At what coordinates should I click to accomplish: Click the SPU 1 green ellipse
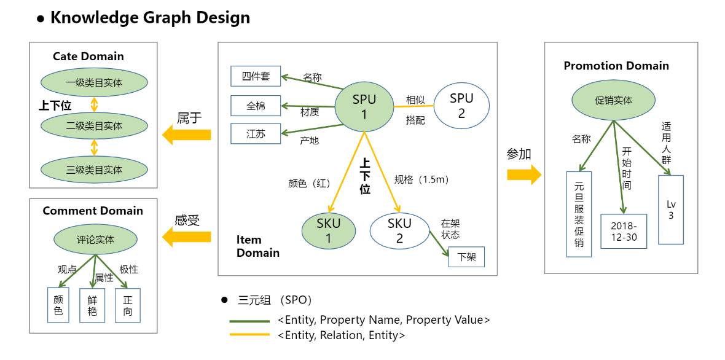point(364,107)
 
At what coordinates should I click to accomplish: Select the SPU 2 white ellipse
point(461,106)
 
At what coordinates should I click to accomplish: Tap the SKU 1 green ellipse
point(328,231)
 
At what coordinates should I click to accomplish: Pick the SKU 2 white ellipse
point(399,231)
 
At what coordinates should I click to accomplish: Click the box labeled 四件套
point(256,76)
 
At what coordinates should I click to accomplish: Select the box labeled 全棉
point(256,106)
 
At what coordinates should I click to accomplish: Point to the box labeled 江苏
point(256,133)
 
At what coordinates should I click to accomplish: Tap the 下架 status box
point(467,257)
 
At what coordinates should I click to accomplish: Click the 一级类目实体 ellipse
point(94,82)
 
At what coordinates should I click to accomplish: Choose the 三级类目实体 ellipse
point(94,170)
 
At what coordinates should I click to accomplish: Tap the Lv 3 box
point(670,209)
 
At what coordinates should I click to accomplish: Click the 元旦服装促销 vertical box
point(579,214)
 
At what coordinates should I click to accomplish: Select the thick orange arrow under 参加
point(523,174)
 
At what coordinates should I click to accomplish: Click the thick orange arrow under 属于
point(187,135)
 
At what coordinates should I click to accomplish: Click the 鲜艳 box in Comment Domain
point(92,305)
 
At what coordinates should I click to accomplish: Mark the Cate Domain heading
point(88,57)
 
